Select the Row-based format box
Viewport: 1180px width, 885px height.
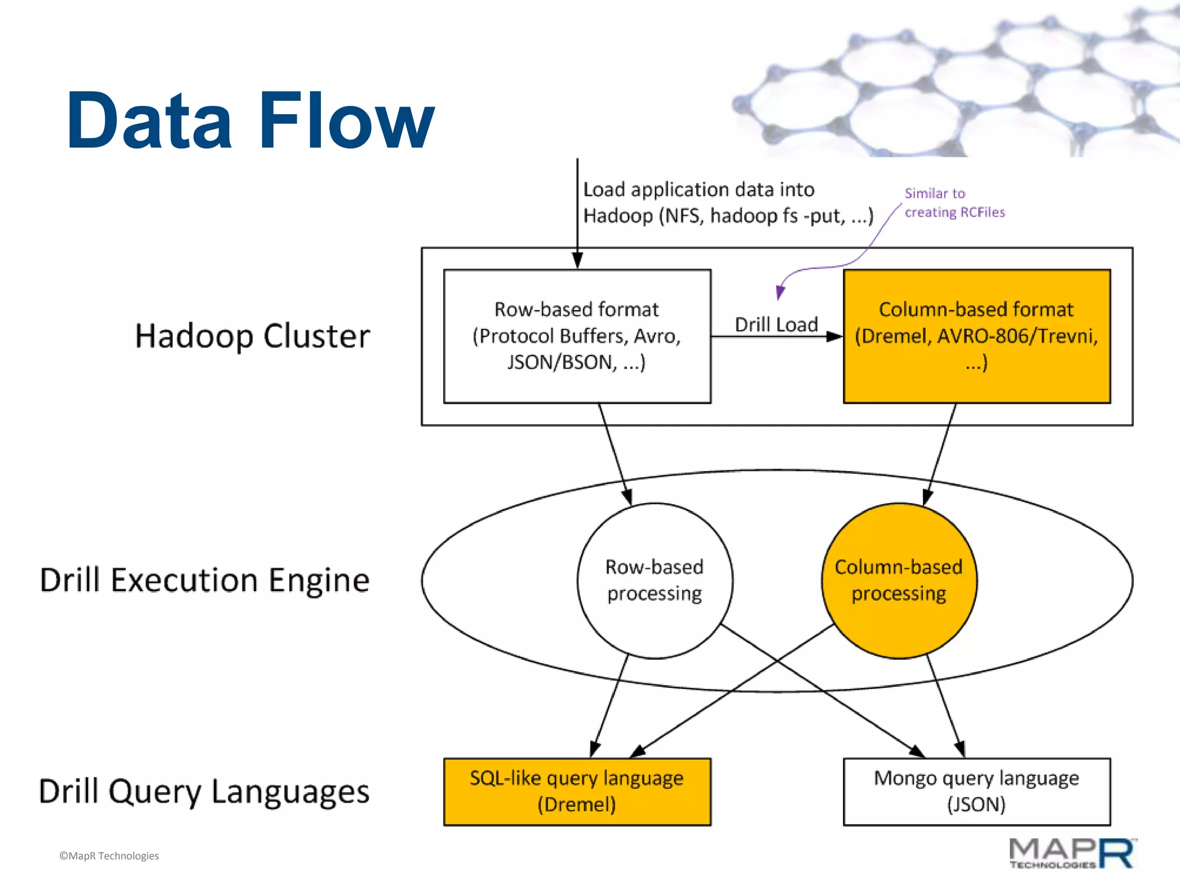point(577,336)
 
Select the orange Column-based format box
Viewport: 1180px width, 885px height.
point(977,336)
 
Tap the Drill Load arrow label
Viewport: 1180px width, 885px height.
point(776,324)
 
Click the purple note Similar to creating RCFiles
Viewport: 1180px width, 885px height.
point(954,203)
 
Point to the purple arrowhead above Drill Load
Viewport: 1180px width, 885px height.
point(780,292)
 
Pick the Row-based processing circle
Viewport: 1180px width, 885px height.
point(655,580)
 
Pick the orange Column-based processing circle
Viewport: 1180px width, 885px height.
point(899,580)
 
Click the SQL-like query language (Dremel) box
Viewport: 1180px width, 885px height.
point(577,791)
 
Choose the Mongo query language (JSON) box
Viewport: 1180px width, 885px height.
point(977,791)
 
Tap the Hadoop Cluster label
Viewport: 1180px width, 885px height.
point(252,336)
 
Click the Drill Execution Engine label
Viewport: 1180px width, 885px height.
point(205,580)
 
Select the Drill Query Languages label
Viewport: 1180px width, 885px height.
point(204,791)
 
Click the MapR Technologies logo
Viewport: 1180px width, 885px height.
point(1072,853)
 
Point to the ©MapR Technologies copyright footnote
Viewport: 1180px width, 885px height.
point(109,856)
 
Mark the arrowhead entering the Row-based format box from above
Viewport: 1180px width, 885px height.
point(577,260)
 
